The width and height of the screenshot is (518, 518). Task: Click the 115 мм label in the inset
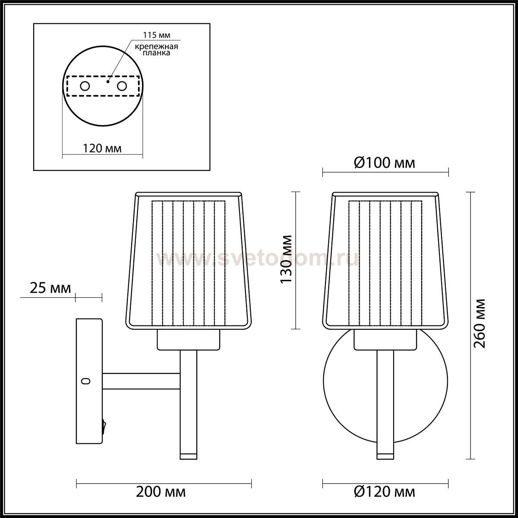(x=156, y=35)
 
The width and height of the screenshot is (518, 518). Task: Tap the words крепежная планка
(x=156, y=50)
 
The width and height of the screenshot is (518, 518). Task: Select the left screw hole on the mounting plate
(x=85, y=86)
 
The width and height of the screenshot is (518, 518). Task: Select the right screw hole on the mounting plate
(x=122, y=86)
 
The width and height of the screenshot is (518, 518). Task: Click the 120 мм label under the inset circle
(x=102, y=148)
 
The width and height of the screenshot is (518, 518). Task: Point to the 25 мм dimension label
(x=50, y=288)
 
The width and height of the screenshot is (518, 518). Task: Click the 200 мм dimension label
(x=161, y=492)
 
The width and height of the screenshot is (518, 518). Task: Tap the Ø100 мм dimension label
(x=385, y=163)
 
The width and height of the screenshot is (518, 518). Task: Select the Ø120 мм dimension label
(x=385, y=492)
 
